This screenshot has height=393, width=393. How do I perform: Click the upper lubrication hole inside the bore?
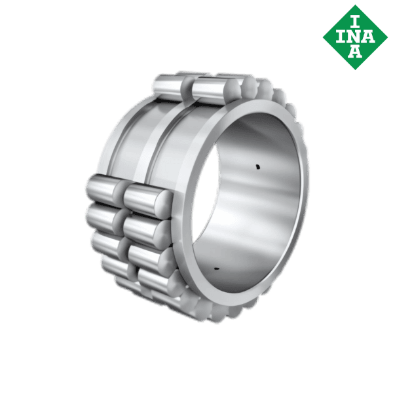coord(257,167)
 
